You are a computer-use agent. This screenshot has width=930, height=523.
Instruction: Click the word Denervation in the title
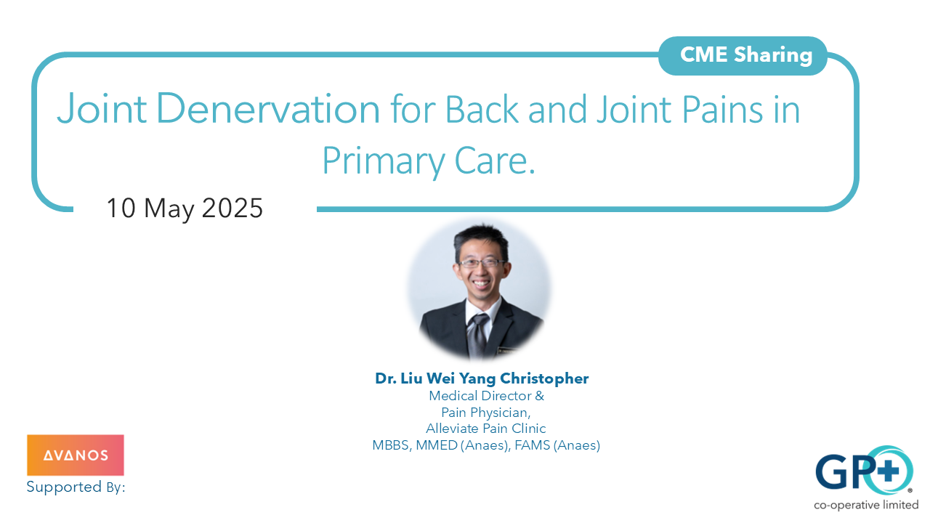click(268, 109)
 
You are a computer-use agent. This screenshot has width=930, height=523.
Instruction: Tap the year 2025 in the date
click(232, 208)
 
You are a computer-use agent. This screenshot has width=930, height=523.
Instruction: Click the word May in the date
click(169, 209)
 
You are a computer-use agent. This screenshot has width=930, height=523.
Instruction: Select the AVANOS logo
click(76, 455)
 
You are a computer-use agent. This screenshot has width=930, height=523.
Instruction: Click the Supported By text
click(76, 487)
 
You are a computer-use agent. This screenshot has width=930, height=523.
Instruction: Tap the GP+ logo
click(863, 471)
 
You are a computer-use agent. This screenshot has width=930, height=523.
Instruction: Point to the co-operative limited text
click(865, 505)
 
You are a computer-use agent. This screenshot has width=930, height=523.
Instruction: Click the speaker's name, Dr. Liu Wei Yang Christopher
click(482, 378)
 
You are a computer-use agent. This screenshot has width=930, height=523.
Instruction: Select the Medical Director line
click(486, 396)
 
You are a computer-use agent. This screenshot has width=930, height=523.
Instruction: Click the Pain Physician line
click(486, 412)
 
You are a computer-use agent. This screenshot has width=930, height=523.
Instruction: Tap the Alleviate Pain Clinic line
click(485, 429)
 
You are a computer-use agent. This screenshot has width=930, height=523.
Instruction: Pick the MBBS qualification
click(392, 445)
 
